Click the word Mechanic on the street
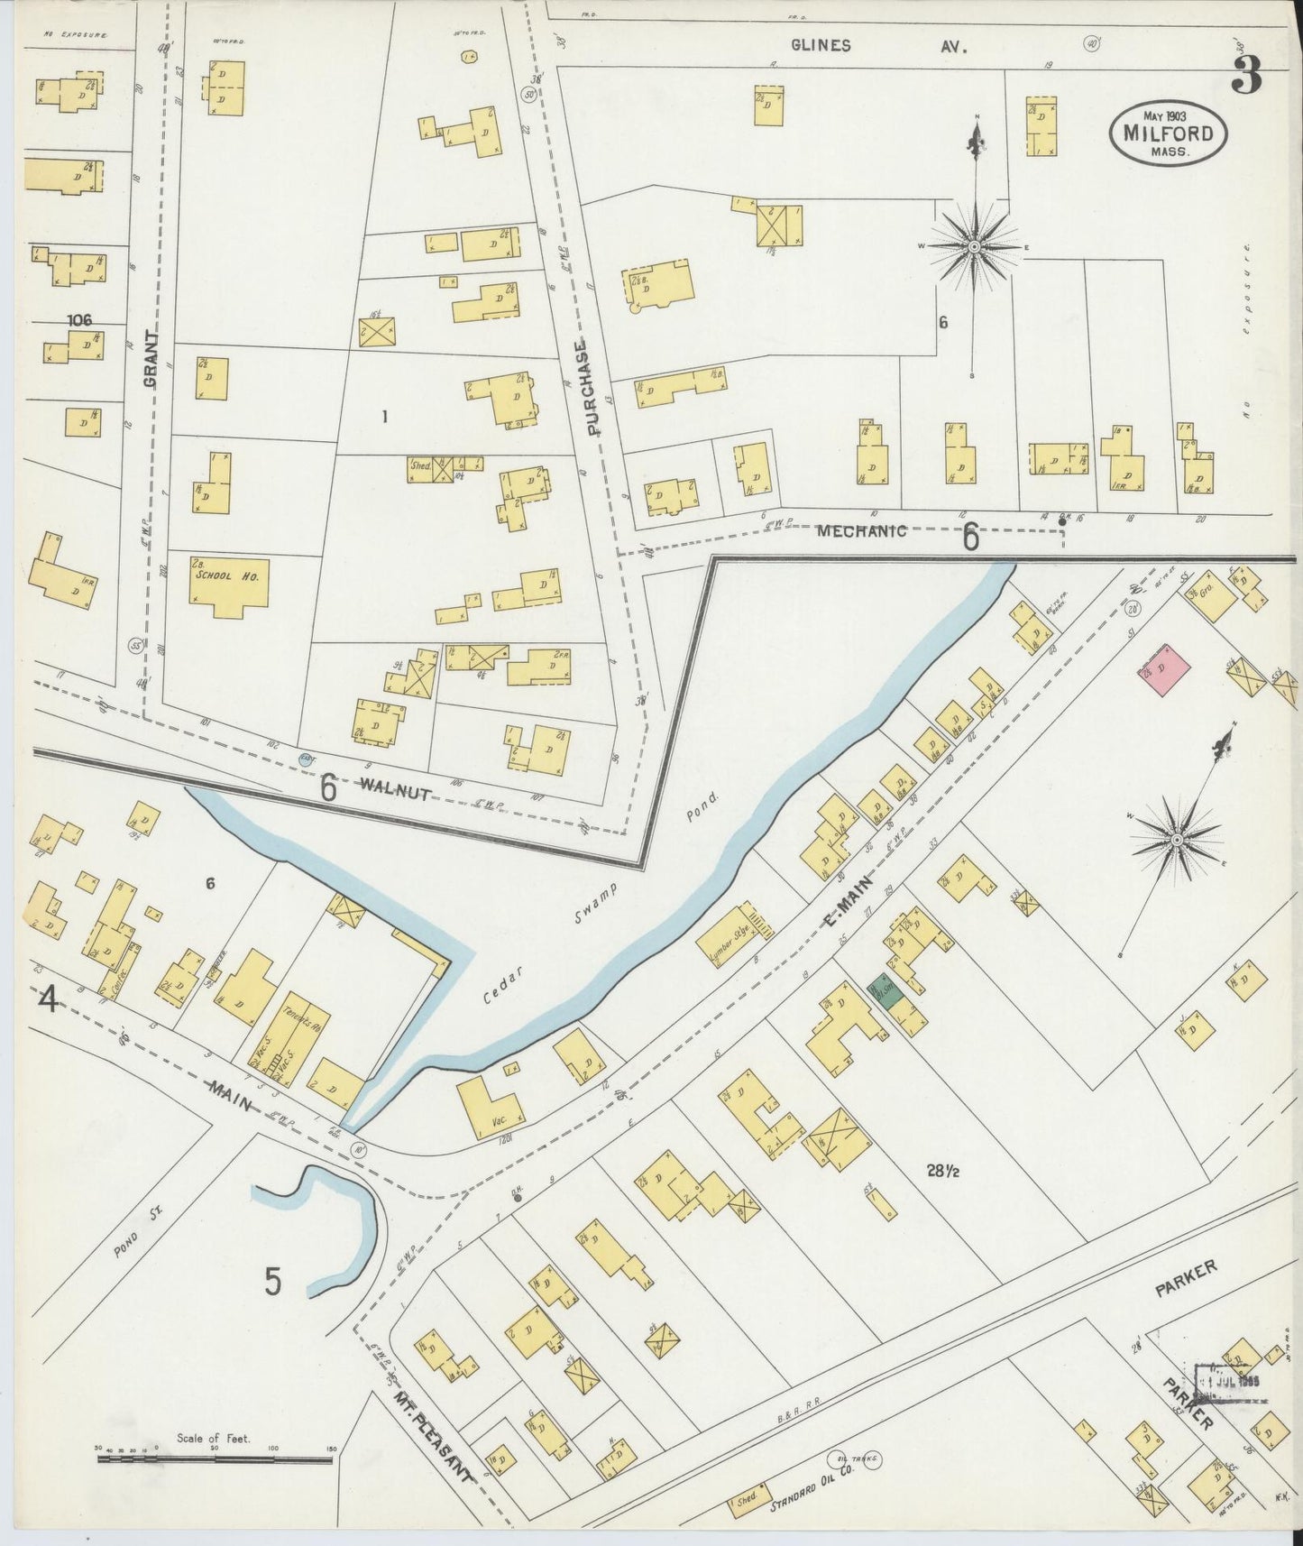coord(861,531)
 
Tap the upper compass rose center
coord(975,246)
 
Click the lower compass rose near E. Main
coord(1177,841)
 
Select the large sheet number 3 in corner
coord(1247,77)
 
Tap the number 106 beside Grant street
coord(80,319)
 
